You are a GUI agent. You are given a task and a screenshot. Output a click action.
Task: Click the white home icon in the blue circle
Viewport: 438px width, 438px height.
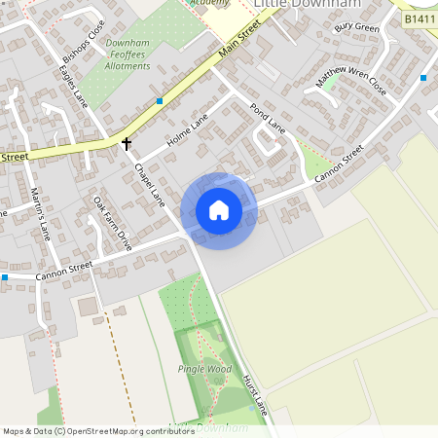(x=219, y=210)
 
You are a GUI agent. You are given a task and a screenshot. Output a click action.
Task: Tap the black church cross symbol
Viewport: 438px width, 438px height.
(x=126, y=144)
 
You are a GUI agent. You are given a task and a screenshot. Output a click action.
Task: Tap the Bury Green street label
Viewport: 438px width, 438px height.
(x=356, y=27)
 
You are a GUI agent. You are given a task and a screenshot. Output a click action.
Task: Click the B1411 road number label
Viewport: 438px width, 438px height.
(x=420, y=18)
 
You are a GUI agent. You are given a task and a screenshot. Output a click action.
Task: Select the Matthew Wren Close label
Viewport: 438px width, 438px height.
(x=351, y=83)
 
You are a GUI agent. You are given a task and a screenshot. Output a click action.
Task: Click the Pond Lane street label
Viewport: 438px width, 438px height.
(x=268, y=118)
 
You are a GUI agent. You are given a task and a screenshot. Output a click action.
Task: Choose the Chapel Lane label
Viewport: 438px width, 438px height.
(x=150, y=184)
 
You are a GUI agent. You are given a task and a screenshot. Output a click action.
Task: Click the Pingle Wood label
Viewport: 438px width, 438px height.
(x=204, y=369)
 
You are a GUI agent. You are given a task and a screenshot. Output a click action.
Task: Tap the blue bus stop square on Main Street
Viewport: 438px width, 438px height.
(x=160, y=100)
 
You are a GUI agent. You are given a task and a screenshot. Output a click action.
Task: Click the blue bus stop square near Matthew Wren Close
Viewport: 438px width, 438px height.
(x=423, y=77)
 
